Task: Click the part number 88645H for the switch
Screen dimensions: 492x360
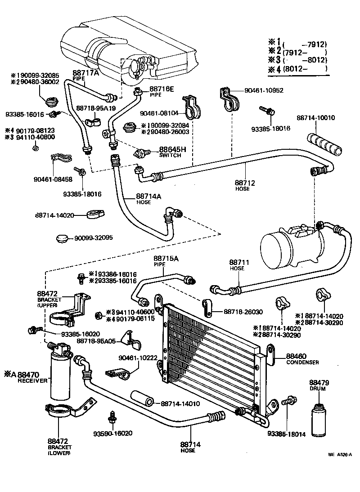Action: point(170,149)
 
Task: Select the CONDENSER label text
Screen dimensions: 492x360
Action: point(302,362)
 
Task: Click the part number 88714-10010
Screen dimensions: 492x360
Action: point(315,118)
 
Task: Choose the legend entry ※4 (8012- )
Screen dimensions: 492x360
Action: point(297,69)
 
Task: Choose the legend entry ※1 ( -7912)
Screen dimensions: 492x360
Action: point(297,44)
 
